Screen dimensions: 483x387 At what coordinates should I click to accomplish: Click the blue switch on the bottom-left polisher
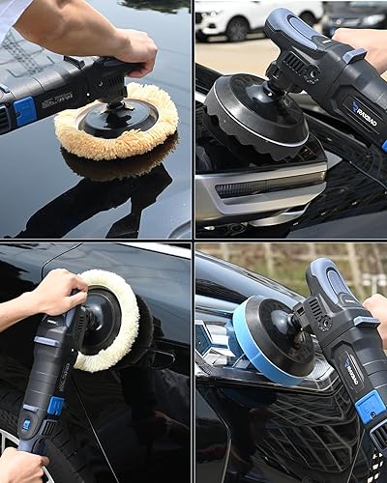tap(55, 406)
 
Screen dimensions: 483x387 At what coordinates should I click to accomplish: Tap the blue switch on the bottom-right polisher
tap(370, 406)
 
